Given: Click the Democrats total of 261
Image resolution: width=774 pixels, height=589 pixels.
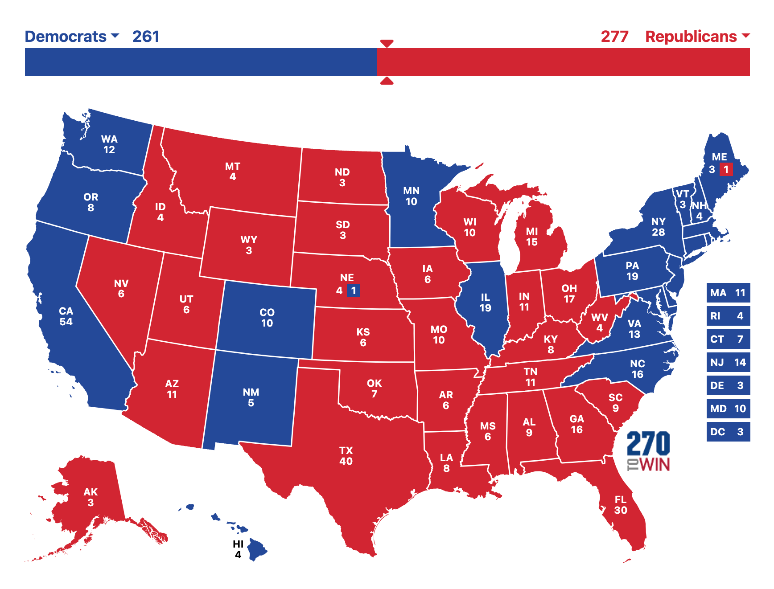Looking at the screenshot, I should (x=146, y=37).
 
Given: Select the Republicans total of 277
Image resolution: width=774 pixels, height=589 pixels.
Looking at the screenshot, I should (x=614, y=37).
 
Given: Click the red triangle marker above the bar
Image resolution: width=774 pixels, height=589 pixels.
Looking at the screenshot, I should (x=387, y=43).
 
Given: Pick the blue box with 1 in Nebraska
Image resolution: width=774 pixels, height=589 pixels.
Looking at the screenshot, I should (x=353, y=290).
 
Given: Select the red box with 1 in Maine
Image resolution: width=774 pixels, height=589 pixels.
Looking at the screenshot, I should (x=726, y=169).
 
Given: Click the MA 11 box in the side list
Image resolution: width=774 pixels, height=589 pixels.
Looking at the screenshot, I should (x=728, y=293).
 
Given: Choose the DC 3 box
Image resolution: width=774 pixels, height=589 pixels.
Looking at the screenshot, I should (x=728, y=432).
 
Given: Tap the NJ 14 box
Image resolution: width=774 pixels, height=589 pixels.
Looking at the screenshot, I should (x=728, y=362).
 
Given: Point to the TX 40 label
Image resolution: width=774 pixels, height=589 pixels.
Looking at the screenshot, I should (x=346, y=456).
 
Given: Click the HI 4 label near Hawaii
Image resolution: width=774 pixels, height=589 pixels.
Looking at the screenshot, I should (x=238, y=549).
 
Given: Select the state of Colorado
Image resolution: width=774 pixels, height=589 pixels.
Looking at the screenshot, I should (x=267, y=318).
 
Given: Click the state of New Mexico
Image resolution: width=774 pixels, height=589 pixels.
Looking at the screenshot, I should (x=251, y=397).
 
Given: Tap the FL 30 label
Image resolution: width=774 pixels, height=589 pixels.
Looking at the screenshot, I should (x=621, y=505).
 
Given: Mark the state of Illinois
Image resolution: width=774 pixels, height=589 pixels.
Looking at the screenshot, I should (x=485, y=303).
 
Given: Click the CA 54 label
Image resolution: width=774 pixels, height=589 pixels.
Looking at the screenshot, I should (x=66, y=316).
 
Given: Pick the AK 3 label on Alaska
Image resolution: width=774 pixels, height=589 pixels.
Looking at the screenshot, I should (x=91, y=497).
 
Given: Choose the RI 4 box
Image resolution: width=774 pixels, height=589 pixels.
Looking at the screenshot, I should (x=728, y=316).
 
